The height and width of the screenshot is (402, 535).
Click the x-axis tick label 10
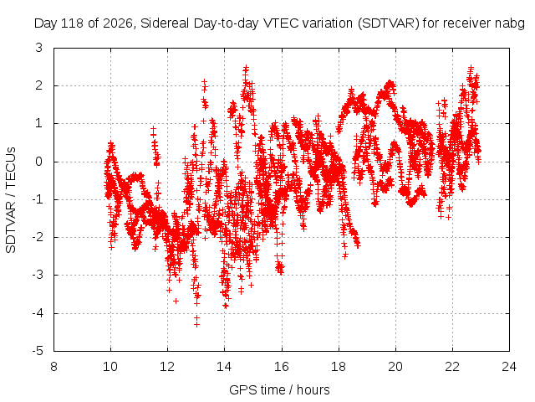point(110,367)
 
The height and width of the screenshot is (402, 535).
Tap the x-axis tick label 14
point(224,367)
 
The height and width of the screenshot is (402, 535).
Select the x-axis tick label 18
point(339,367)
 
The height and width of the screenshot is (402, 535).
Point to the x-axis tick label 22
point(452,367)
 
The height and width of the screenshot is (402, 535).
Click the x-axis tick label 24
point(509,367)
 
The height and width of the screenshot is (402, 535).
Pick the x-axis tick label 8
point(53,367)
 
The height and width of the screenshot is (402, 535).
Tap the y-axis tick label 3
point(39,48)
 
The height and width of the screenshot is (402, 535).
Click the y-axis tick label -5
point(38,351)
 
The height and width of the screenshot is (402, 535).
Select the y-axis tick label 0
point(39,162)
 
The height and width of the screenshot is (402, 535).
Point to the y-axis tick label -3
point(38,275)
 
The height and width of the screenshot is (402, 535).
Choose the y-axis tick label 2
point(39,85)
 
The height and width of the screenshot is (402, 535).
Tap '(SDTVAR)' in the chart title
point(388,23)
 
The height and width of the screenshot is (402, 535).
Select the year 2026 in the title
point(117,23)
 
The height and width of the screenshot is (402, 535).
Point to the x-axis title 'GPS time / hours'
point(279,389)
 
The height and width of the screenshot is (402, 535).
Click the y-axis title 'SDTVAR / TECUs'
point(11,200)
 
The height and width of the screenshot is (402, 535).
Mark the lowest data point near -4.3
point(196,324)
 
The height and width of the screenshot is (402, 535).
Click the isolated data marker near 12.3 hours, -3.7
point(176,301)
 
